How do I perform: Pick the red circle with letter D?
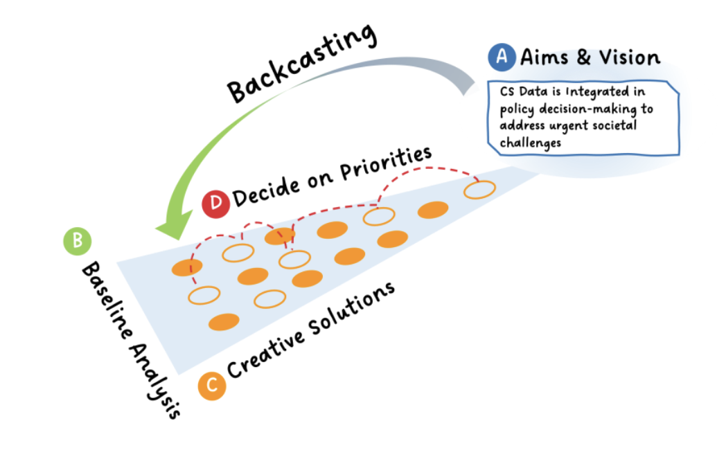pos(216,204)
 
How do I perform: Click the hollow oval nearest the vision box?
pos(479,189)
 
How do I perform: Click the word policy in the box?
pos(516,109)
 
